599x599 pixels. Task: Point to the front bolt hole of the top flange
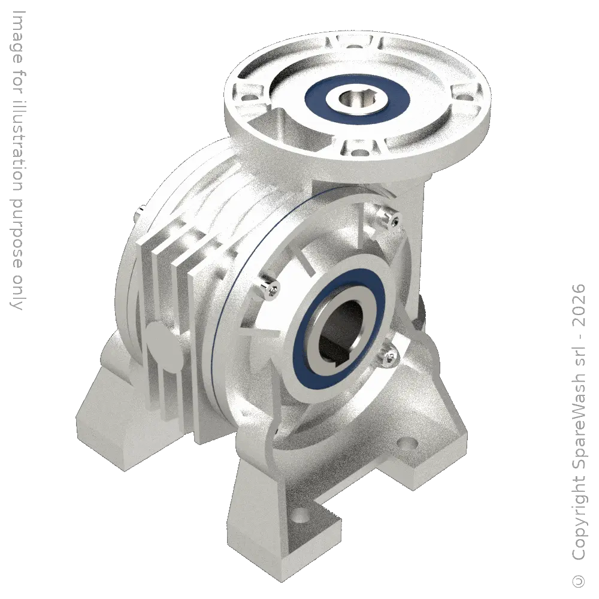(x=356, y=153)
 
